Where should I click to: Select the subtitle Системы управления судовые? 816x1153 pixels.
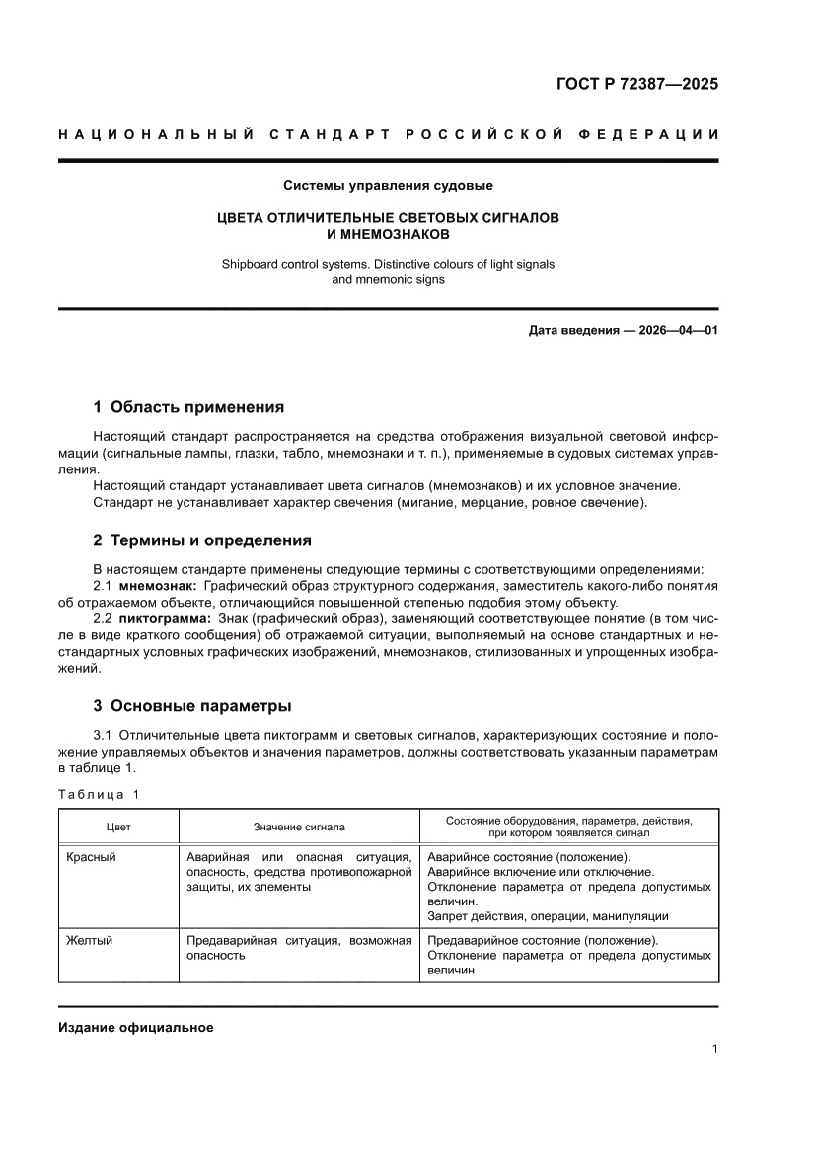point(388,185)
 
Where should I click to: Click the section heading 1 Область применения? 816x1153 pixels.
point(188,406)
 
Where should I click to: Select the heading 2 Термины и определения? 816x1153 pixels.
point(201,540)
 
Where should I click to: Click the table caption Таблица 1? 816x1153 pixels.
point(99,794)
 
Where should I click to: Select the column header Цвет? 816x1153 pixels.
point(118,827)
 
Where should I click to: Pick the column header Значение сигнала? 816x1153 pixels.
point(299,827)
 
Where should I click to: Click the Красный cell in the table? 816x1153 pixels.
point(91,857)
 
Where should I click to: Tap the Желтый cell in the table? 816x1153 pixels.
point(89,940)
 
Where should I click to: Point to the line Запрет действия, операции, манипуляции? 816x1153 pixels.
point(548,916)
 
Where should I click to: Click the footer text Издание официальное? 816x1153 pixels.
point(136,1027)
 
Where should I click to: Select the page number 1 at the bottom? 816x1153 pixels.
point(714,1049)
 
